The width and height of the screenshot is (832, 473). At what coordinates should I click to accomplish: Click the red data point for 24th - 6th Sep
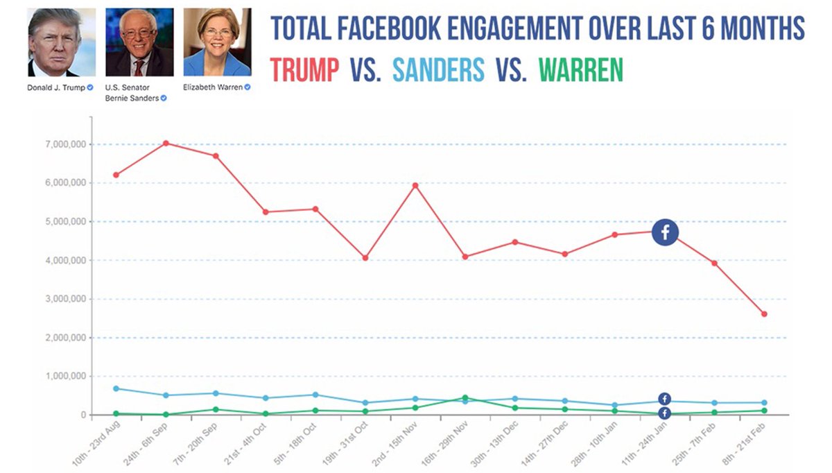166,143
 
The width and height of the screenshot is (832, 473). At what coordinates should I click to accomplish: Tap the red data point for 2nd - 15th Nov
415,185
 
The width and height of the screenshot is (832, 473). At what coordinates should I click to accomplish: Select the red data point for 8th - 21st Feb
764,314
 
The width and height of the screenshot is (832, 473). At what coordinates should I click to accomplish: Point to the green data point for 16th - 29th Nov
465,398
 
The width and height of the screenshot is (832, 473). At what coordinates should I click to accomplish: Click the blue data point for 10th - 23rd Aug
116,388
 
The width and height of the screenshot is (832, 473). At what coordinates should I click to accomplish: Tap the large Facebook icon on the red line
665,232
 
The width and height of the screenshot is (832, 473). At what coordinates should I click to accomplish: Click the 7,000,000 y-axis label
63,144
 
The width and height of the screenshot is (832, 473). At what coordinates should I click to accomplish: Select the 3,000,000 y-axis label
63,299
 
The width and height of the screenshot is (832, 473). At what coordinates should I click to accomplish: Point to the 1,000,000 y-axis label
63,377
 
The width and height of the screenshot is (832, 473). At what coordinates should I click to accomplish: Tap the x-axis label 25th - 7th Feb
694,445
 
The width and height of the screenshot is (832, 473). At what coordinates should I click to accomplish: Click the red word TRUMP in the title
304,69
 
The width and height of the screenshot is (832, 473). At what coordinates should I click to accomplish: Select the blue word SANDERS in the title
438,69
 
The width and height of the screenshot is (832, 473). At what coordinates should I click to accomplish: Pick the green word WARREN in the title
580,69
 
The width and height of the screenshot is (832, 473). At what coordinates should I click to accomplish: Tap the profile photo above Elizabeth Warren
217,42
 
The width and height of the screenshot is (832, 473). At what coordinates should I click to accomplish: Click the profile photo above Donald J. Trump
62,42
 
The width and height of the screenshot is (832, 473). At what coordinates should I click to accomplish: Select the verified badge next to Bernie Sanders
164,98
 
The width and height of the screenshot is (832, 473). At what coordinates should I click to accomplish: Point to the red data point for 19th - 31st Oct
365,258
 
